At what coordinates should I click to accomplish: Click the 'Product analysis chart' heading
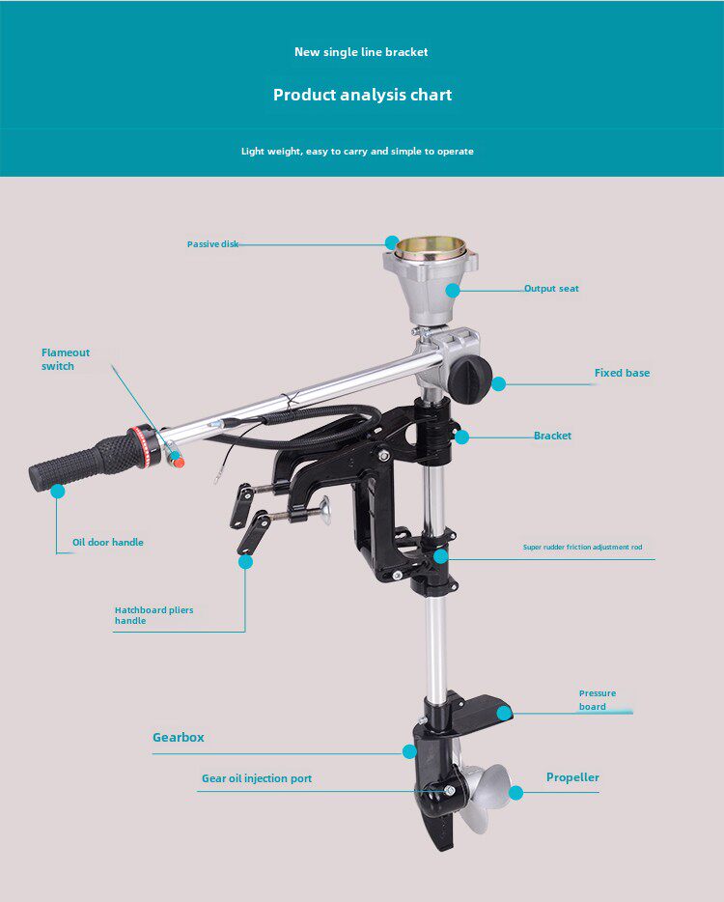coord(362,95)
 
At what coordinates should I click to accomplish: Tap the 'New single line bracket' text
coord(361,52)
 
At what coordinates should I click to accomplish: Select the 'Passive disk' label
coord(212,244)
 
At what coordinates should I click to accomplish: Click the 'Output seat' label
coord(551,289)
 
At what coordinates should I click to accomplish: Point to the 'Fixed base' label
coord(622,373)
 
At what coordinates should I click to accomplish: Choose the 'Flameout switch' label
coord(65,359)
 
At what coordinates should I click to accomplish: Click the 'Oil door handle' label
coord(107,543)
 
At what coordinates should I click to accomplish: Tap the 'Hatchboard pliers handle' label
coord(153,615)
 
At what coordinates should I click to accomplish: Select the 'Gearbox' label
coord(179,737)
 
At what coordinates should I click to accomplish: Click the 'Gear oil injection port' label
coord(257,778)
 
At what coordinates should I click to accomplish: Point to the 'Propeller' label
coord(572,777)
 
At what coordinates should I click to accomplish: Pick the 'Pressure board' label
coord(597,700)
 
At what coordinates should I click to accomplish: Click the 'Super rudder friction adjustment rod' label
coord(582,548)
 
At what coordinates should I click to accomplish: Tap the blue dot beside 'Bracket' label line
coord(461,437)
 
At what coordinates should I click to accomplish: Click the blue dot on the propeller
coord(515,793)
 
